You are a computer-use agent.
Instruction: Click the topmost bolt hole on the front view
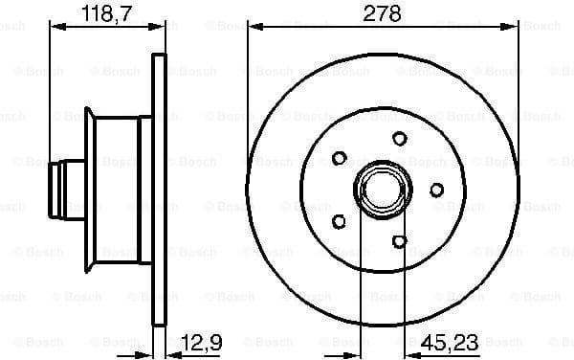click(400, 140)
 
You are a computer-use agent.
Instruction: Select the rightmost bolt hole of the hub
click(436, 190)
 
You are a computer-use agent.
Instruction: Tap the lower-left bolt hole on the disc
click(339, 221)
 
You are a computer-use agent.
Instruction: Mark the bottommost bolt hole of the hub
click(400, 240)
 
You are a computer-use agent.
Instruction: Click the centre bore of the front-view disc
click(381, 190)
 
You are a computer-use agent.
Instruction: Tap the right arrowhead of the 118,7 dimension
click(161, 28)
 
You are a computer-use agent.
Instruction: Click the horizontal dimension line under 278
click(381, 28)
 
